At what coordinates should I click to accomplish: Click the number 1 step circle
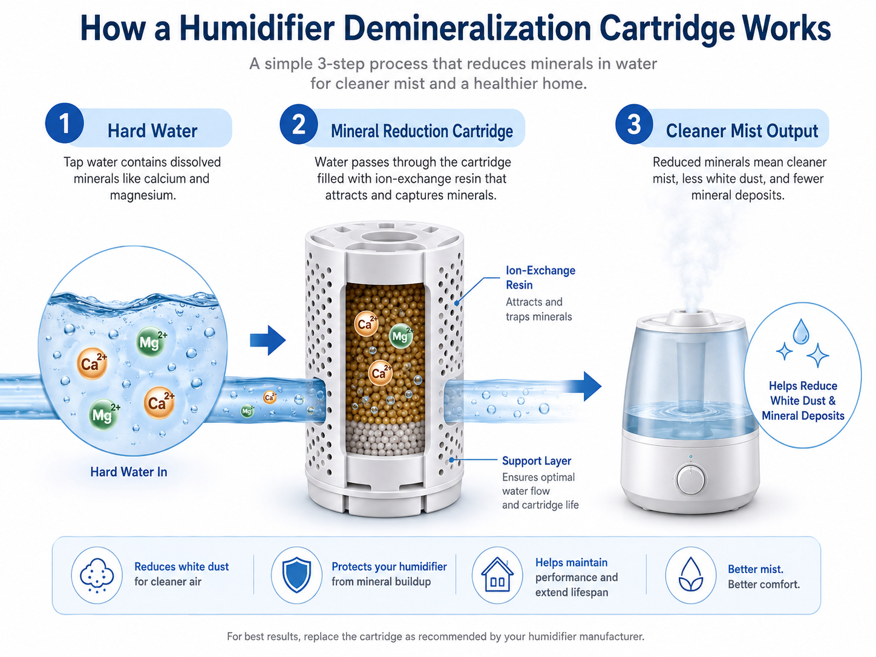[64, 123]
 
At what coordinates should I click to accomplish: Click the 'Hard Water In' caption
[128, 472]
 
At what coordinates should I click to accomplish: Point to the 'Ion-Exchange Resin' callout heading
[540, 278]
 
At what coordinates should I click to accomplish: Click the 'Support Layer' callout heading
[537, 461]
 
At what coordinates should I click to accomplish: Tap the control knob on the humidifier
[690, 479]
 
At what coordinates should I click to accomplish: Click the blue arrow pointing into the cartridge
[268, 340]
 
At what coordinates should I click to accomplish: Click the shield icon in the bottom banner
[296, 575]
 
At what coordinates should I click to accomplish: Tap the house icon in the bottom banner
[497, 575]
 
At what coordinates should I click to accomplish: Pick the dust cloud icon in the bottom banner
[97, 575]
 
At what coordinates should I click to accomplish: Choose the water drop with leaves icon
[691, 575]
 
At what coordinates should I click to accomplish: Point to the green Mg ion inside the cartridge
[400, 336]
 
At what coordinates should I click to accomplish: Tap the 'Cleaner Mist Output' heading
[742, 131]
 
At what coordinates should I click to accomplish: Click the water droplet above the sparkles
[800, 331]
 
